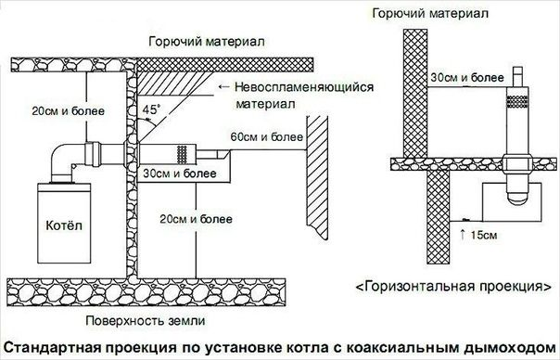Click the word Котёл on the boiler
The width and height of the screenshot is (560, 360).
[x=64, y=225]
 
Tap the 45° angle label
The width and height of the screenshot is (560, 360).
[x=150, y=109]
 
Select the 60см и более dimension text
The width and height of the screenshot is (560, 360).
[x=266, y=136]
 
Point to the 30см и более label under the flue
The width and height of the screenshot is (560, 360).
[x=180, y=174]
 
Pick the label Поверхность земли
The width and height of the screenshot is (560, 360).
[x=146, y=320]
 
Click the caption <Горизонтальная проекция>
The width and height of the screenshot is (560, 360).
[x=453, y=287]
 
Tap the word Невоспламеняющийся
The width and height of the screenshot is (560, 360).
[x=304, y=87]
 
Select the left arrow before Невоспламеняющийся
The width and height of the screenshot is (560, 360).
[x=223, y=87]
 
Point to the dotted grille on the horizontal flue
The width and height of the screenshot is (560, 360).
[x=182, y=154]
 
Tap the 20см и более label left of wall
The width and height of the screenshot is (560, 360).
[x=69, y=110]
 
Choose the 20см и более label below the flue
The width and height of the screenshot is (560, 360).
[x=196, y=219]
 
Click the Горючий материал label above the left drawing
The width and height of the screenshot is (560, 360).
[x=207, y=42]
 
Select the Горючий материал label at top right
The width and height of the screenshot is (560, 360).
[x=430, y=14]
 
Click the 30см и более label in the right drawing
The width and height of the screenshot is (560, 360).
[x=467, y=78]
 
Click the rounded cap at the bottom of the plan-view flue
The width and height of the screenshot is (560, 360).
[x=517, y=196]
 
